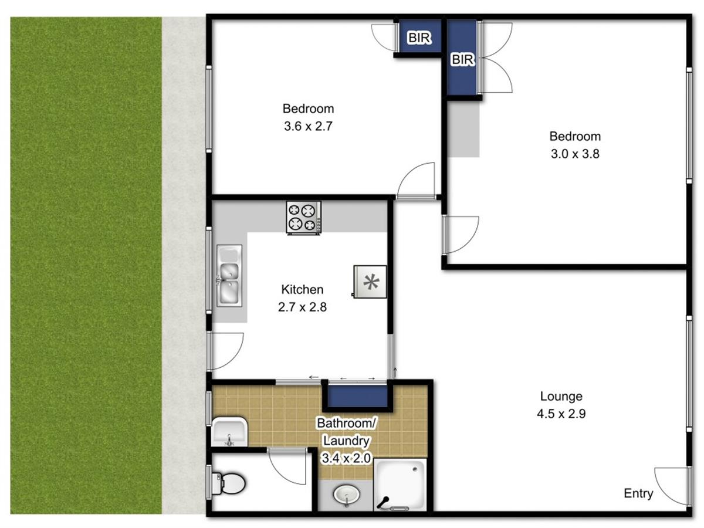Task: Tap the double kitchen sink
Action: [x=229, y=275]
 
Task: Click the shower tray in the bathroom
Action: [x=400, y=485]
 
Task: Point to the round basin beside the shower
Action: [x=347, y=495]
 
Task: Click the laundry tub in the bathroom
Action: [x=229, y=432]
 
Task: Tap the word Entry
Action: [x=638, y=493]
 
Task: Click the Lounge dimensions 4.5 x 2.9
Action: [x=561, y=414]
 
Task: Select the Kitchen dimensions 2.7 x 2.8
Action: [x=302, y=307]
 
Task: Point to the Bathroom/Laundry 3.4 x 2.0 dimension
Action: [x=346, y=458]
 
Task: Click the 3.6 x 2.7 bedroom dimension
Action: [x=308, y=126]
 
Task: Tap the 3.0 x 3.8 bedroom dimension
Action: [x=575, y=154]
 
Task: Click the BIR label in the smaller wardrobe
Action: [x=419, y=38]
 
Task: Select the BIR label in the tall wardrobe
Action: [x=462, y=59]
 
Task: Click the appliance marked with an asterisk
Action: [x=370, y=282]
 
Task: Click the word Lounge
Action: [x=561, y=396]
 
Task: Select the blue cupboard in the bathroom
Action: [x=357, y=396]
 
